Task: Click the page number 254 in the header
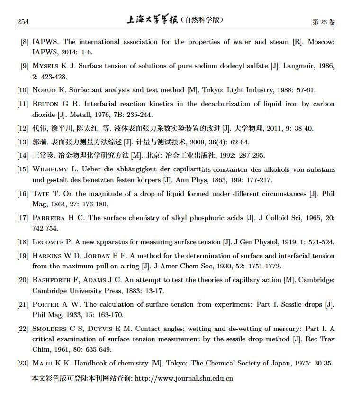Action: pyautogui.click(x=23, y=22)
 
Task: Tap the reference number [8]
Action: pyautogui.click(x=24, y=42)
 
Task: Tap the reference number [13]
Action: pyautogui.click(x=23, y=142)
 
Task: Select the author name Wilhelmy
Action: pyautogui.click(x=51, y=169)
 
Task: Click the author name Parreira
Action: pyautogui.click(x=49, y=218)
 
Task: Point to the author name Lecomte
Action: pyautogui.click(x=48, y=242)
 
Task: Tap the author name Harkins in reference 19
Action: pyautogui.click(x=47, y=256)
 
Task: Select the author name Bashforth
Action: pyautogui.click(x=52, y=280)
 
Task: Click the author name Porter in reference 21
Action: pyautogui.click(x=45, y=304)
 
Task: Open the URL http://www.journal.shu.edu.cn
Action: pyautogui.click(x=184, y=378)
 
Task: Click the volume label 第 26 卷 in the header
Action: pyautogui.click(x=323, y=22)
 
